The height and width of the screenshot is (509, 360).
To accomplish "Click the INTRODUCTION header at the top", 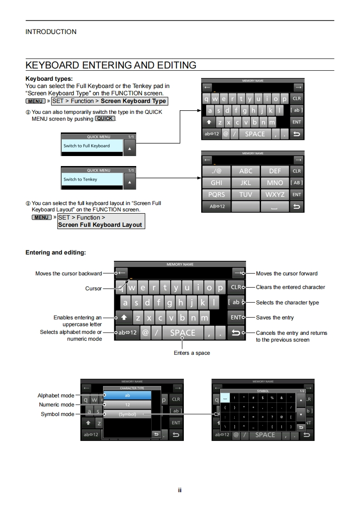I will (51, 32).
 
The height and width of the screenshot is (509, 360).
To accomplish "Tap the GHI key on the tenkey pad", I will (216, 183).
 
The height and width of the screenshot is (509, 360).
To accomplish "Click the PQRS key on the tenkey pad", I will (216, 195).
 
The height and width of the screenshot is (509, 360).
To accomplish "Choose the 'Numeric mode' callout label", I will (56, 405).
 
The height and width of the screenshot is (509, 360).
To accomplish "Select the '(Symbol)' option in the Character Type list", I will (127, 414).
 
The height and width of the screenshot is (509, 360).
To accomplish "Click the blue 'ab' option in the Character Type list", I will (127, 396).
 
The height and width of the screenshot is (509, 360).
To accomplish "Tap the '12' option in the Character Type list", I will (127, 405).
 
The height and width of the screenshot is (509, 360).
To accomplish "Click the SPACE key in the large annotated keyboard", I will (182, 333).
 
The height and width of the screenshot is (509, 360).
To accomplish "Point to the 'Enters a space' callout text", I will (192, 353).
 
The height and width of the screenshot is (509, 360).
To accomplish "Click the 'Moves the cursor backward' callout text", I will (69, 274).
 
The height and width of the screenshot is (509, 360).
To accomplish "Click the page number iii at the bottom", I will (180, 490).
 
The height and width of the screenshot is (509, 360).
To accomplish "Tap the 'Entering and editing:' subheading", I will (55, 252).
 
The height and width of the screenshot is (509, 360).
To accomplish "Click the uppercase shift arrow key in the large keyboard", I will (124, 318).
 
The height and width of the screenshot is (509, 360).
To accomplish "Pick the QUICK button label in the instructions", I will (105, 119).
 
